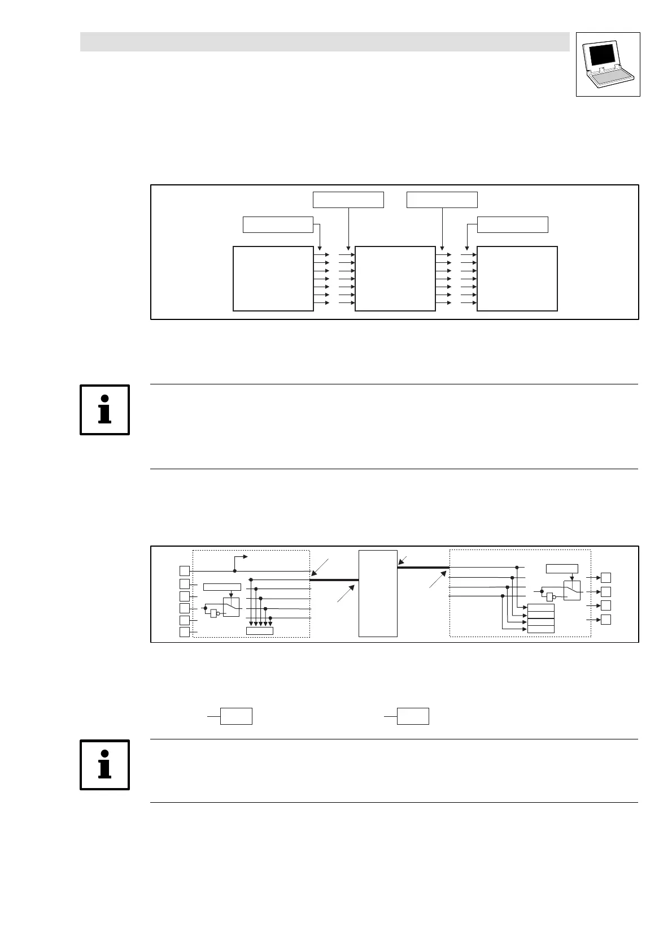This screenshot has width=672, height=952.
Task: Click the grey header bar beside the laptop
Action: coord(325,42)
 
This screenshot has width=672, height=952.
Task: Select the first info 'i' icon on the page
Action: coord(105,410)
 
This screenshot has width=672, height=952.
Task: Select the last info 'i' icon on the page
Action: coord(105,765)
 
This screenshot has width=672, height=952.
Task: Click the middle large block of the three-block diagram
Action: coord(395,279)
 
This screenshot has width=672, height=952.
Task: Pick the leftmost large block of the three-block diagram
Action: coord(273,279)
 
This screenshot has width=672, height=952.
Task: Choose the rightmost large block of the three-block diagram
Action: coord(517,279)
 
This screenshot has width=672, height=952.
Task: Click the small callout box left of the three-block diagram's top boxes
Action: coord(278,224)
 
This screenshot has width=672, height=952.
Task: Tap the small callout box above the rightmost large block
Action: coord(512,224)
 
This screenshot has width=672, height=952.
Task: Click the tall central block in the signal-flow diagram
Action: coord(378,593)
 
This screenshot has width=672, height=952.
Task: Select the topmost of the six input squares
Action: coord(184,570)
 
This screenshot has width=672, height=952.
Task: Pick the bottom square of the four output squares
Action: coord(605,619)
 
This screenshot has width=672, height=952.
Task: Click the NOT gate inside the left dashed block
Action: coord(214,613)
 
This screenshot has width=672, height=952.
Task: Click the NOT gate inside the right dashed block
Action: coord(550,596)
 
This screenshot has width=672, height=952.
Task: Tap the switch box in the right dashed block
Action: coord(571,591)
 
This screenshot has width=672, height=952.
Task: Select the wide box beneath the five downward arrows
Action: coord(260,631)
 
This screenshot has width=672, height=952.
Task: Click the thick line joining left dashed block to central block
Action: coord(334,580)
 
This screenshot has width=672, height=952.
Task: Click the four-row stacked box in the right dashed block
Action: coord(540,618)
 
